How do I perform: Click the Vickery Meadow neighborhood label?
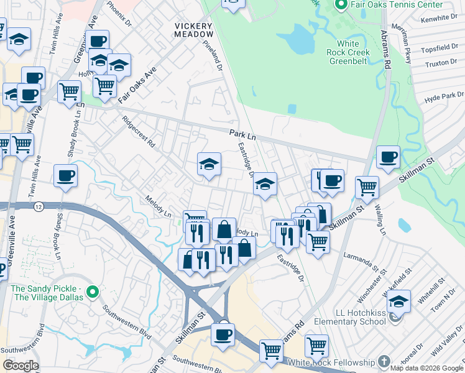pyautogui.click(x=193, y=29)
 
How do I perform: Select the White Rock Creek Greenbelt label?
pyautogui.click(x=348, y=52)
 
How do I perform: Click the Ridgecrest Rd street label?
pyautogui.click(x=138, y=131)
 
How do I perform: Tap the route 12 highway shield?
pyautogui.click(x=39, y=206)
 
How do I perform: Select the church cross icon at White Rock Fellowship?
pyautogui.click(x=384, y=361)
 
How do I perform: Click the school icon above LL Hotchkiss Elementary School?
pyautogui.click(x=398, y=303)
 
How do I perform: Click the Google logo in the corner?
pyautogui.click(x=21, y=366)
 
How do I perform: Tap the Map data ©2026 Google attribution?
pyautogui.click(x=426, y=368)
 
